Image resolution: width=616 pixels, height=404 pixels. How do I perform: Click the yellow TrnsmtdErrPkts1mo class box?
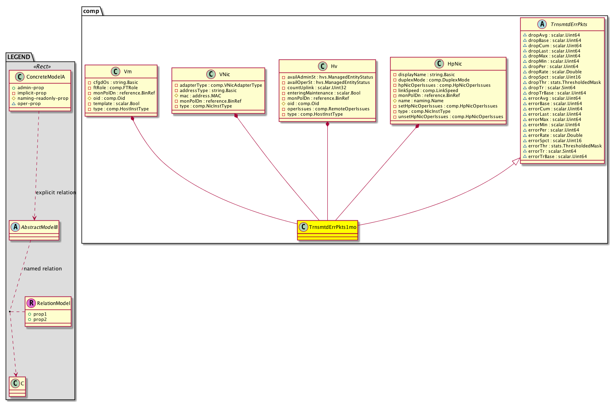click(x=327, y=230)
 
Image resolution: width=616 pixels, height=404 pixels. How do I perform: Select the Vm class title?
click(x=128, y=72)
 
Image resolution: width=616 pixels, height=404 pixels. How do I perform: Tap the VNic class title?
click(x=224, y=75)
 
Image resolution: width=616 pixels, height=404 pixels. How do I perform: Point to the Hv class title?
click(x=334, y=66)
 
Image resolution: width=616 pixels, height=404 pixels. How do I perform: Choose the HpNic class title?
click(x=455, y=64)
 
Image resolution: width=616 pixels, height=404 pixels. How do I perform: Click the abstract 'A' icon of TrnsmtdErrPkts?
click(x=542, y=24)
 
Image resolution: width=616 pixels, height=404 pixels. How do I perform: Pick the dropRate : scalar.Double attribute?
click(x=555, y=72)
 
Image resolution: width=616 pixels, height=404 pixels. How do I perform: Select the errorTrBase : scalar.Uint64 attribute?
click(x=557, y=156)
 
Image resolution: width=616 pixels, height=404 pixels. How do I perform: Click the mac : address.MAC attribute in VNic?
click(x=200, y=96)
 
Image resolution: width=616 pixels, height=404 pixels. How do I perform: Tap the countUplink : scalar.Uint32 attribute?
click(x=316, y=88)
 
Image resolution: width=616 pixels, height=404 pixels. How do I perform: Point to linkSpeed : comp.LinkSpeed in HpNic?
click(x=428, y=90)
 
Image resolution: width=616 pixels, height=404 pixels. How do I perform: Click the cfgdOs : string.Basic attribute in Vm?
click(x=115, y=82)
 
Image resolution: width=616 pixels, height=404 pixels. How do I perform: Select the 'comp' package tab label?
click(x=91, y=11)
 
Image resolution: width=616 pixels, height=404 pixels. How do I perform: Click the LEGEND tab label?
click(x=19, y=57)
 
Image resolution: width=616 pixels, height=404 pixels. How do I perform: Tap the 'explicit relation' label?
click(x=56, y=193)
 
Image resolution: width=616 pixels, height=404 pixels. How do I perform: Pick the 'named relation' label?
click(x=43, y=269)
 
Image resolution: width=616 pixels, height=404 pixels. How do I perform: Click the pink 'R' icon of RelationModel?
click(x=31, y=303)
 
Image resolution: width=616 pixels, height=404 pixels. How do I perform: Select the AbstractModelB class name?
click(x=39, y=227)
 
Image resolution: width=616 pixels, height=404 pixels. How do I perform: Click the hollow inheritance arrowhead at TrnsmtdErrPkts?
click(x=516, y=162)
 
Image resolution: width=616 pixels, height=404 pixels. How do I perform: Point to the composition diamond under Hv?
click(x=327, y=124)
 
